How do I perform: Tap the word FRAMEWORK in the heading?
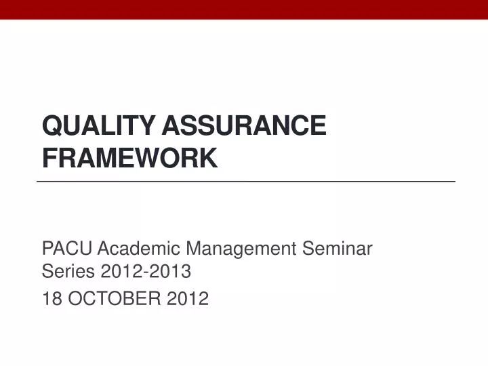pyautogui.click(x=129, y=157)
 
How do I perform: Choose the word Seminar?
pyautogui.click(x=338, y=249)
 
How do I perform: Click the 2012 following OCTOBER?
pyautogui.click(x=188, y=298)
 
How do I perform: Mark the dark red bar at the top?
pyautogui.click(x=244, y=9)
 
